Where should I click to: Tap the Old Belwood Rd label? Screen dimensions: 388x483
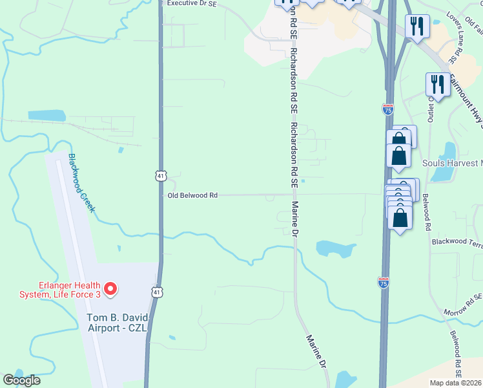[x=192, y=195]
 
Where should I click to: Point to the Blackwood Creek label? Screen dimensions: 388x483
[x=82, y=183]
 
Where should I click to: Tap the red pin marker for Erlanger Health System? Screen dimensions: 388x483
[x=110, y=288]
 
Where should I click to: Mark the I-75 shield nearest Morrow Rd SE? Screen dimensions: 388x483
[x=383, y=282]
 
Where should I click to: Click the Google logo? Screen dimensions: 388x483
[x=21, y=380]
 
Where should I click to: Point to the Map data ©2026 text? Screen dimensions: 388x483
[x=456, y=383]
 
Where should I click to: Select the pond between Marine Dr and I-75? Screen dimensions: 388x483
[x=334, y=248]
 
